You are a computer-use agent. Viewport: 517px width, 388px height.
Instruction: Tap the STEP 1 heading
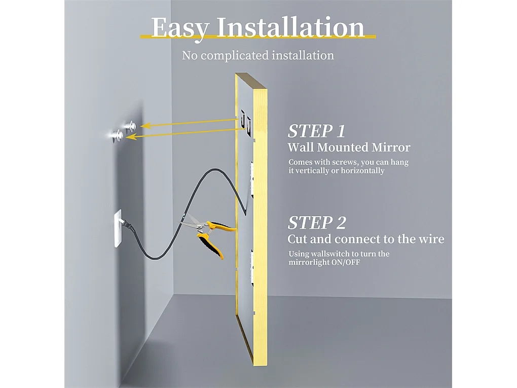(316, 131)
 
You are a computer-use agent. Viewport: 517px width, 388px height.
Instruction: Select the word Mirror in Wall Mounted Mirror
(389, 148)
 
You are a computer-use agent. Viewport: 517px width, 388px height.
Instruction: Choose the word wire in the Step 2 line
(431, 239)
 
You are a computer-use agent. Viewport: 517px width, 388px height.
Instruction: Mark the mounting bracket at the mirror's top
(245, 121)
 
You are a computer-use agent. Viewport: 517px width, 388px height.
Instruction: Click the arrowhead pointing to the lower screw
(130, 136)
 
